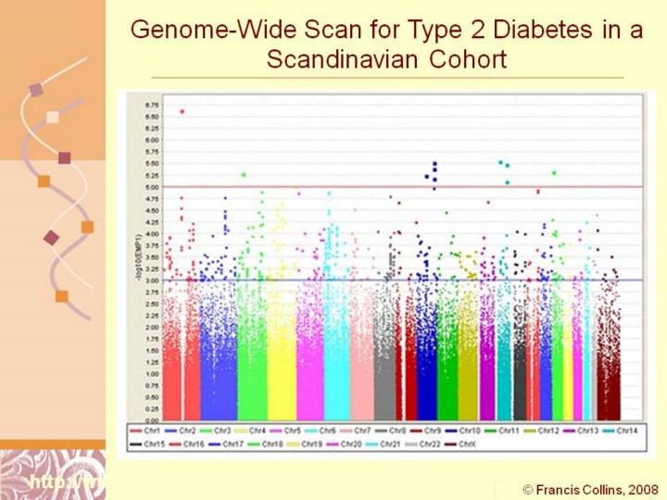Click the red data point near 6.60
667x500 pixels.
[182, 111]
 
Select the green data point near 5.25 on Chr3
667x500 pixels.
[244, 174]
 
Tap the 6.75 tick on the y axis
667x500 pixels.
[153, 105]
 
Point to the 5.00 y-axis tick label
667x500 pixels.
[153, 187]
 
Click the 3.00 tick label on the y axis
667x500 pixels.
[153, 281]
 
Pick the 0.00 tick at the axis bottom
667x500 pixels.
[153, 420]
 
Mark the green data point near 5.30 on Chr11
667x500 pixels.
[554, 173]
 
